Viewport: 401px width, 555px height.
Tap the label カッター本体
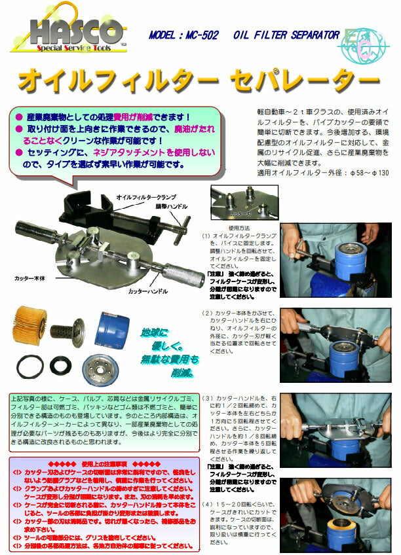coord(31,278)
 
